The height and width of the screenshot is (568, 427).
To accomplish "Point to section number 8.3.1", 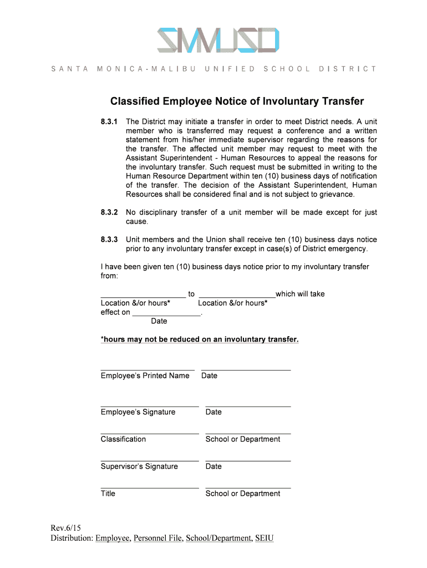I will pyautogui.click(x=109, y=121).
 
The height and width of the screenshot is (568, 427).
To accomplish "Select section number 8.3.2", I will pyautogui.click(x=109, y=212).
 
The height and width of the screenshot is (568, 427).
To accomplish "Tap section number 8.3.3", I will pyautogui.click(x=109, y=240).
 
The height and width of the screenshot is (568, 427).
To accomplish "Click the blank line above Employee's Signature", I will pyautogui.click(x=150, y=406).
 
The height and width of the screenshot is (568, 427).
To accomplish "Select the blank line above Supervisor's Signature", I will pyautogui.click(x=150, y=460).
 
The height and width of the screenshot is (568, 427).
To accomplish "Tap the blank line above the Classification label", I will pyautogui.click(x=150, y=433).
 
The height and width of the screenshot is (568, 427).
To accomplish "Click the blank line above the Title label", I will pyautogui.click(x=150, y=488).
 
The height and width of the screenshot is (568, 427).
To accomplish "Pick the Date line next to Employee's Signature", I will pyautogui.click(x=248, y=406).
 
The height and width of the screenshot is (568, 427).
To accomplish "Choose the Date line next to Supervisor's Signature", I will pyautogui.click(x=248, y=460).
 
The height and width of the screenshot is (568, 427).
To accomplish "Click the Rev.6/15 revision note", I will pyautogui.click(x=65, y=528).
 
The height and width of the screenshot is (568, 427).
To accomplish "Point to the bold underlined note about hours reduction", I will pyautogui.click(x=200, y=339).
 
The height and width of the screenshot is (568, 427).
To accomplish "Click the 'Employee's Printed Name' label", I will pyautogui.click(x=145, y=376).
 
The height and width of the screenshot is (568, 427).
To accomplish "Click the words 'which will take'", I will pyautogui.click(x=300, y=293).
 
